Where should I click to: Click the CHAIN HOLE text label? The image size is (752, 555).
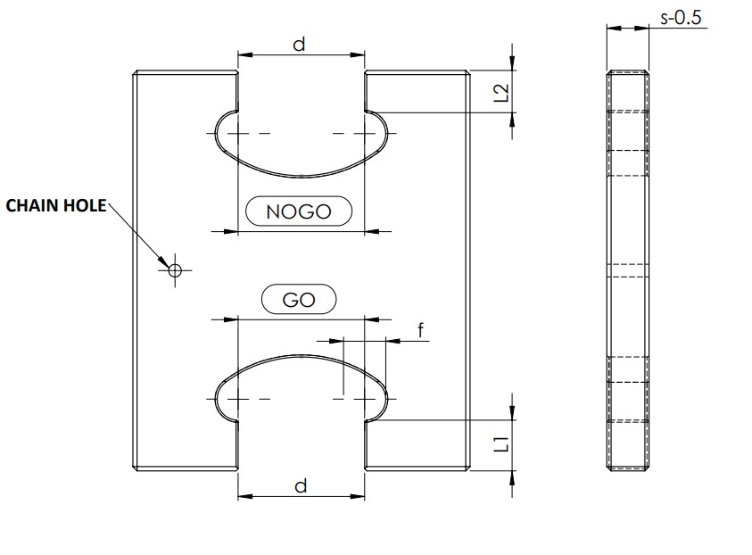(55, 206)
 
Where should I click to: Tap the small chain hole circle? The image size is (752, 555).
(174, 269)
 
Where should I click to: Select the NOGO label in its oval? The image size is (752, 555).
(299, 211)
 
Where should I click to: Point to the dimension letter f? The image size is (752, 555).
(420, 329)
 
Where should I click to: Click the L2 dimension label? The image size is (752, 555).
(500, 92)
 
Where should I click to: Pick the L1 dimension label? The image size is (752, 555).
(500, 442)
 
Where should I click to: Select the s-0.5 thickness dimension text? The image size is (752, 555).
(682, 16)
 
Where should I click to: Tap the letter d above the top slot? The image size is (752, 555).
(300, 43)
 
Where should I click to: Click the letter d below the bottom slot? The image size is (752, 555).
(301, 485)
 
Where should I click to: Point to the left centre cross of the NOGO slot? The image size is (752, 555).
(238, 134)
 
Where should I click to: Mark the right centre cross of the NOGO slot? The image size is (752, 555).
(364, 134)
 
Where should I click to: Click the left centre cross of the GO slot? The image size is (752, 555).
(238, 397)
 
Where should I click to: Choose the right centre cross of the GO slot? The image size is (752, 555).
(364, 397)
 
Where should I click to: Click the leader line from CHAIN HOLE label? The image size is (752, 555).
(138, 236)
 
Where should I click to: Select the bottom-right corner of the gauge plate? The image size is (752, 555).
(468, 469)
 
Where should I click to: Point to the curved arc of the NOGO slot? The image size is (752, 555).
(301, 176)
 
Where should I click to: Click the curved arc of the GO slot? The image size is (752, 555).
(301, 355)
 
